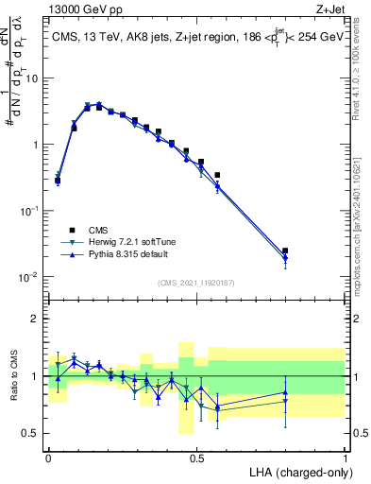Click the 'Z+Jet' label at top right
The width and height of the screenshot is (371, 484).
point(329,9)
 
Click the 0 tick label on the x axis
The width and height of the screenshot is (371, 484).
point(48,457)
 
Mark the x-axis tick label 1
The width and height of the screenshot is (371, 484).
point(345,457)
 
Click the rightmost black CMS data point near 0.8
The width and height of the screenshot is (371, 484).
point(285,251)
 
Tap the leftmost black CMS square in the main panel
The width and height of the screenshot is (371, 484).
point(58,181)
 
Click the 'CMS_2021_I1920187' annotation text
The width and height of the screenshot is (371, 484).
point(196,283)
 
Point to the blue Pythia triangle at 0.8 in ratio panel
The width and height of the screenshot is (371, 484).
point(285,392)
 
